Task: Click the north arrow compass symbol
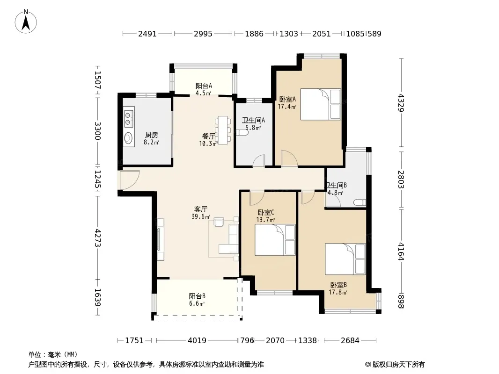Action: click(26, 22)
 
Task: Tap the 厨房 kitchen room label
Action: click(152, 135)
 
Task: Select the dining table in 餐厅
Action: click(223, 130)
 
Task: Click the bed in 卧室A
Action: click(321, 104)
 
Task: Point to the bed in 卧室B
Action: click(345, 259)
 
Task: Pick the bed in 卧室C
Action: click(275, 240)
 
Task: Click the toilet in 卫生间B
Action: click(360, 202)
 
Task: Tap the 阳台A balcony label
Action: click(204, 86)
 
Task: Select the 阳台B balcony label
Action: click(197, 296)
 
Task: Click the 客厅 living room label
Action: click(201, 209)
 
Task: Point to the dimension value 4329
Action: click(401, 103)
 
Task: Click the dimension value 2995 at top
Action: click(203, 34)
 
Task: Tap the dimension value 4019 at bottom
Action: click(197, 340)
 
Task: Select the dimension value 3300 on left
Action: click(98, 131)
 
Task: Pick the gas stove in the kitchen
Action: click(129, 118)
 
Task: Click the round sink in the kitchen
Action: click(129, 138)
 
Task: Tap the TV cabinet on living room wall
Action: click(161, 239)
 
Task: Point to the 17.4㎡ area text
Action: click(287, 107)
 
